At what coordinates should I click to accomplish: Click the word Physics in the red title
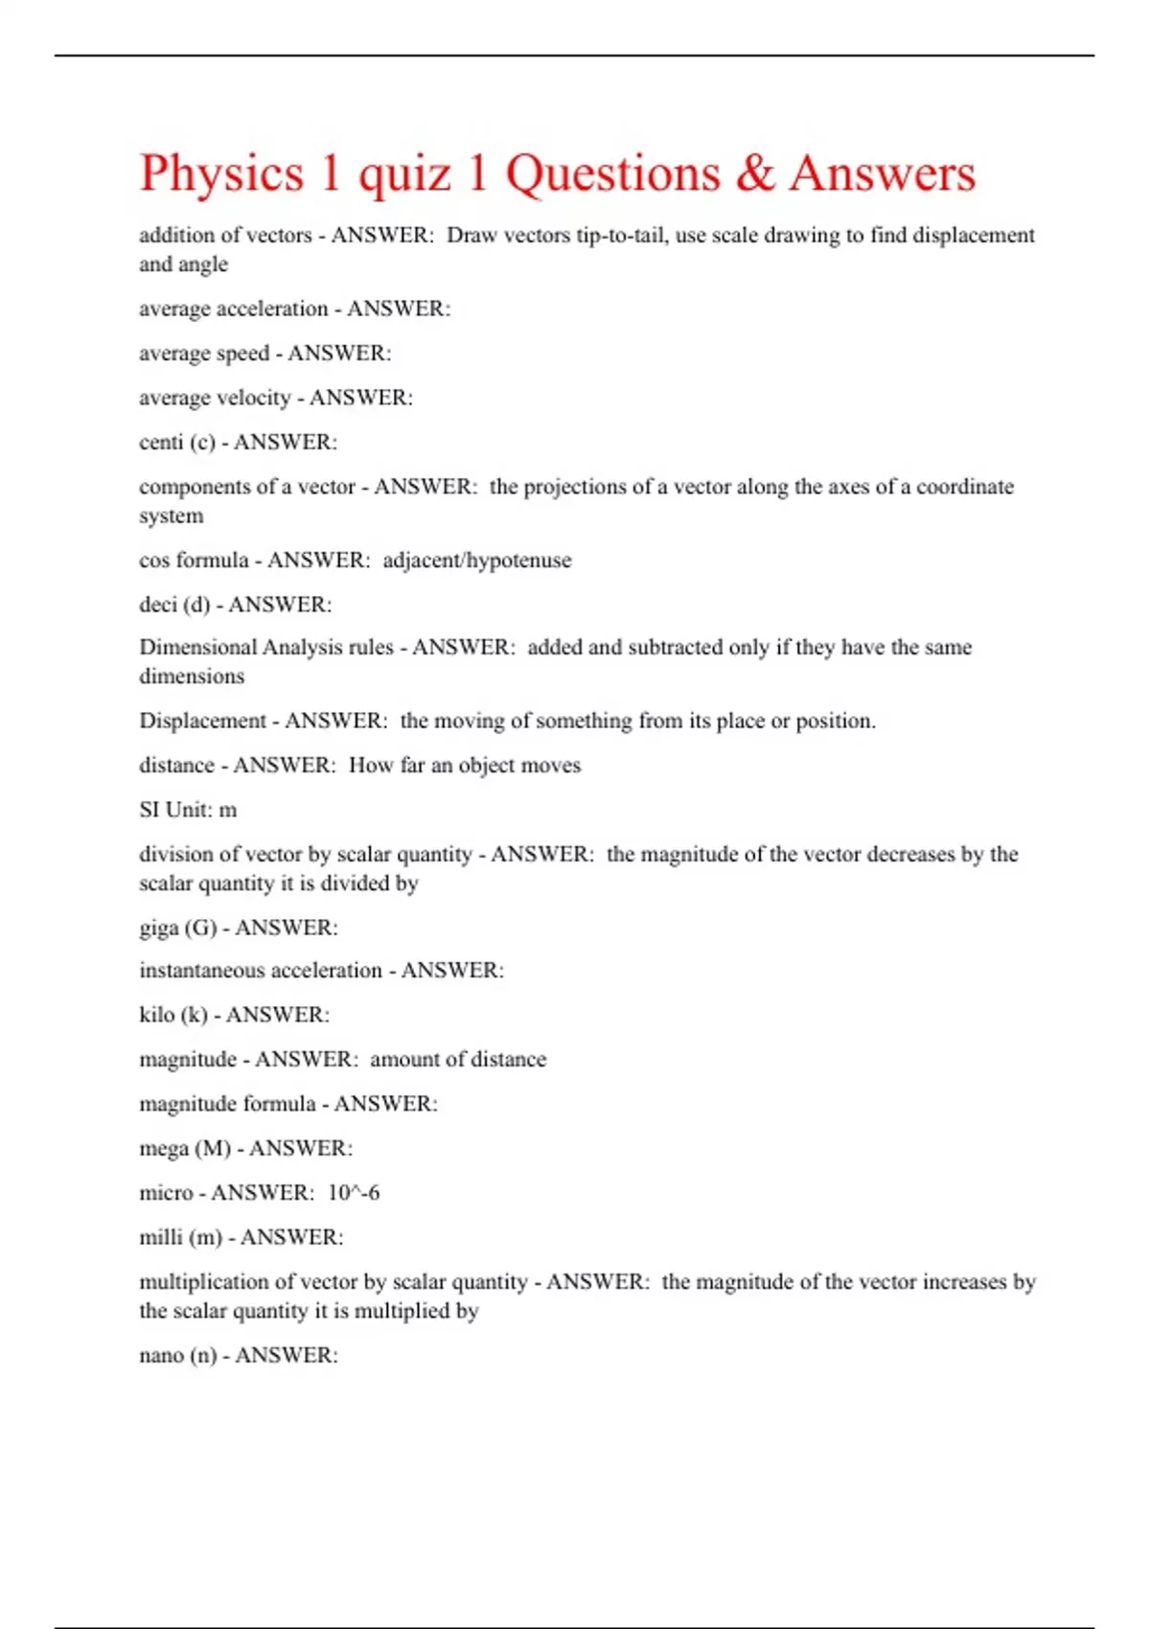point(221,174)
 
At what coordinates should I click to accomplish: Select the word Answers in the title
point(883,173)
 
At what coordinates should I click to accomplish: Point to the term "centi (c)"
point(177,443)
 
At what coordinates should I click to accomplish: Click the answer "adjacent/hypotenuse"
point(477,561)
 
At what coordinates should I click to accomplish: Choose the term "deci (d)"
point(174,605)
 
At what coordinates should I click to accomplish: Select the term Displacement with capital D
point(202,721)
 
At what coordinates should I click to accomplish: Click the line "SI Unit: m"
point(188,810)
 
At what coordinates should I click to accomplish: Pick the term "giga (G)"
point(178,928)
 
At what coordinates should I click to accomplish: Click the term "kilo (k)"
point(173,1015)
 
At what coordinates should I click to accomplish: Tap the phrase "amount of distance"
point(458,1060)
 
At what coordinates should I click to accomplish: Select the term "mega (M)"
point(185,1148)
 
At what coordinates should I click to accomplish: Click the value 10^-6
point(354,1193)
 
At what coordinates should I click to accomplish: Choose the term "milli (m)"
point(180,1238)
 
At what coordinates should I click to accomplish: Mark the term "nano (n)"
point(178,1356)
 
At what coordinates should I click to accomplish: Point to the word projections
point(573,487)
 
